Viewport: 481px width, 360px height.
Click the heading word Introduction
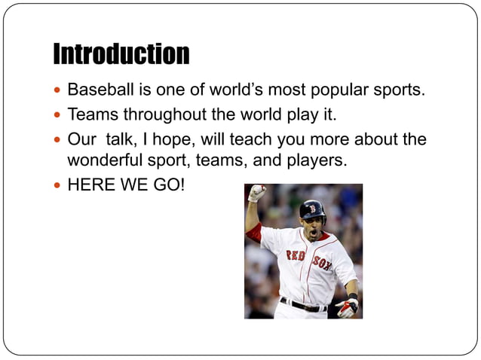(x=121, y=54)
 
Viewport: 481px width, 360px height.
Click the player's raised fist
(x=257, y=193)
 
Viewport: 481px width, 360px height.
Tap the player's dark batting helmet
(x=312, y=209)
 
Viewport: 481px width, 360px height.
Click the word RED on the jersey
(x=295, y=256)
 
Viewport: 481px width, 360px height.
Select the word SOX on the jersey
(x=322, y=264)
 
